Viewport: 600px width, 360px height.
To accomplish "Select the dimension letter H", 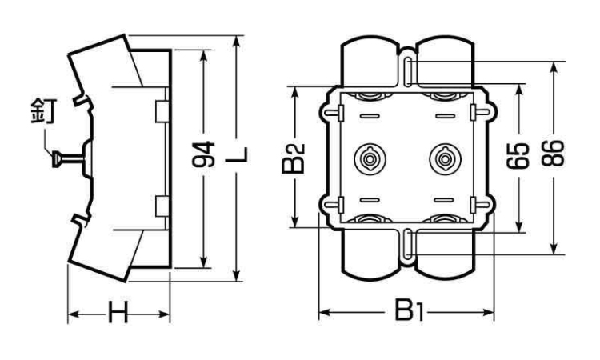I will [x=118, y=315].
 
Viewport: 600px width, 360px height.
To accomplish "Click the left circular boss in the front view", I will [x=370, y=158].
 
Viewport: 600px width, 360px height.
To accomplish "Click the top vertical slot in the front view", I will [x=406, y=72].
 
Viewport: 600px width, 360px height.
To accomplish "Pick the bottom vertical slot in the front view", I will [x=406, y=246].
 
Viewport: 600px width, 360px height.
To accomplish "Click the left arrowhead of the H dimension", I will [x=70, y=315].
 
